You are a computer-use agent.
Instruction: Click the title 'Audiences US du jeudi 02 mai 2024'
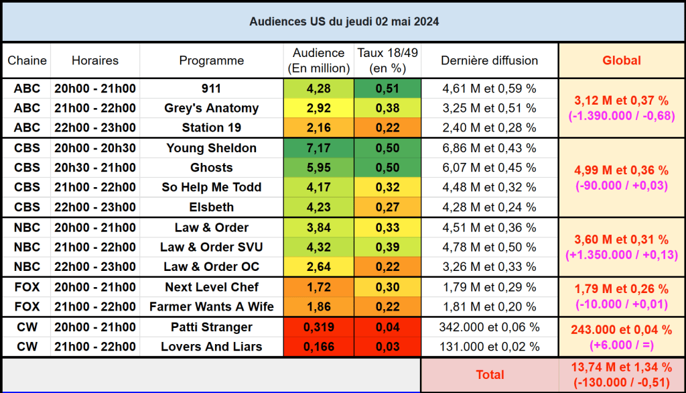click(x=344, y=21)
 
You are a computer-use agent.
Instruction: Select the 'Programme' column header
click(x=211, y=60)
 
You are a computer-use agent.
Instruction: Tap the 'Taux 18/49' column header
click(x=387, y=60)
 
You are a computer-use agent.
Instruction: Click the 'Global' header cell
click(x=621, y=60)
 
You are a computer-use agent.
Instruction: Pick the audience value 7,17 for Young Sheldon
click(x=318, y=148)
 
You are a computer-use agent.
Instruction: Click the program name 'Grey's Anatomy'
click(x=211, y=108)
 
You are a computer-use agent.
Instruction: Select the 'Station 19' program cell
click(x=211, y=127)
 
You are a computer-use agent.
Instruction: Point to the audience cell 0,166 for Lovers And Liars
click(x=318, y=347)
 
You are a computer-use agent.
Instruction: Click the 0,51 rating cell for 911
click(x=387, y=89)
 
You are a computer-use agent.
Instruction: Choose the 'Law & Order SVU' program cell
click(x=211, y=247)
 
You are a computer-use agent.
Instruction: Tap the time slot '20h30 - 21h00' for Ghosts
click(x=94, y=168)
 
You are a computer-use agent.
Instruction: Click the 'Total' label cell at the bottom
click(x=489, y=375)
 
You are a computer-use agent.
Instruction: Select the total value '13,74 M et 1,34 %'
click(x=621, y=367)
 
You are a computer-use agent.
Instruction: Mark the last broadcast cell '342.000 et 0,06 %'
click(x=489, y=327)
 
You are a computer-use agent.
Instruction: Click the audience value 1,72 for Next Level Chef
click(x=318, y=287)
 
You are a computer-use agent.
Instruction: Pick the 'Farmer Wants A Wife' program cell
click(x=211, y=307)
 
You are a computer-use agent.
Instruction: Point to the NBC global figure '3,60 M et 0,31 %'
click(x=621, y=239)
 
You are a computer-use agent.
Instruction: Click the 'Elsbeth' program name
click(x=211, y=207)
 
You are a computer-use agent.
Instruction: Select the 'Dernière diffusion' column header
click(x=489, y=60)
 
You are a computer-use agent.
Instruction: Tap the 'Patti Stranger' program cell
click(x=211, y=327)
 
